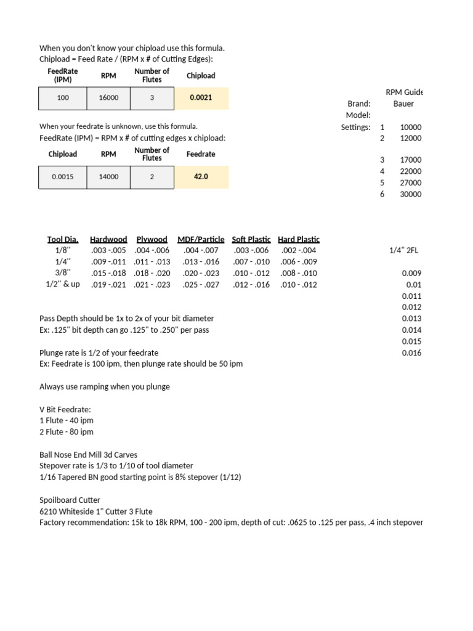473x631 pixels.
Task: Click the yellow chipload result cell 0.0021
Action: (201, 97)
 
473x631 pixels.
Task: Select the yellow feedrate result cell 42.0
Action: (201, 176)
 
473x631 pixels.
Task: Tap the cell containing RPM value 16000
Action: (108, 97)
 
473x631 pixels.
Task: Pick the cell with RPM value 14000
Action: (108, 176)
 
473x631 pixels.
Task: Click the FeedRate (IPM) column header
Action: (63, 76)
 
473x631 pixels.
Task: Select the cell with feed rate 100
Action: (63, 97)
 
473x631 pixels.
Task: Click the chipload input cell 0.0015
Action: (63, 176)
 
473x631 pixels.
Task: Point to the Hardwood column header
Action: (108, 239)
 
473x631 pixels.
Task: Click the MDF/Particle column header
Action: (202, 239)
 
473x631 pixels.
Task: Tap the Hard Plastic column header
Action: (299, 239)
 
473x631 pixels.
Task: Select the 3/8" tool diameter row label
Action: (63, 273)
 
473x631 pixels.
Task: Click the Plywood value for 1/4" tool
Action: (152, 262)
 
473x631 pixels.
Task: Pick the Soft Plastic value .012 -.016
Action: (251, 285)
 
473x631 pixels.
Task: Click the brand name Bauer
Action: (404, 104)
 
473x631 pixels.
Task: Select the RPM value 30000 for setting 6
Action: (411, 194)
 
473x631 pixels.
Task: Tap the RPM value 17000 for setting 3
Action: (411, 160)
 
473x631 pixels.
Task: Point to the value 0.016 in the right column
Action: (412, 353)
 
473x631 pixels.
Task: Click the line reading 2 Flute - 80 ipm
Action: (67, 432)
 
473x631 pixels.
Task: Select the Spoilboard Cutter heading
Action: (70, 500)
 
